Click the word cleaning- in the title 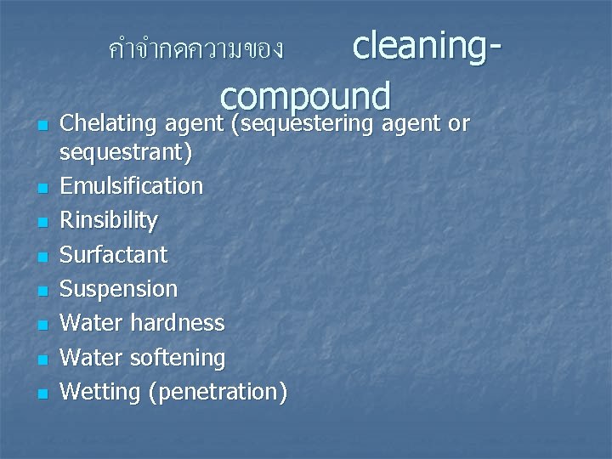(426, 45)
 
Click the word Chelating (107, 124)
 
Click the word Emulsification (131, 185)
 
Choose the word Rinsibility (108, 220)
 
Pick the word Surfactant (113, 254)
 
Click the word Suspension (118, 289)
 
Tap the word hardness (179, 323)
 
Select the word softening (179, 358)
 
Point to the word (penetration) (218, 392)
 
